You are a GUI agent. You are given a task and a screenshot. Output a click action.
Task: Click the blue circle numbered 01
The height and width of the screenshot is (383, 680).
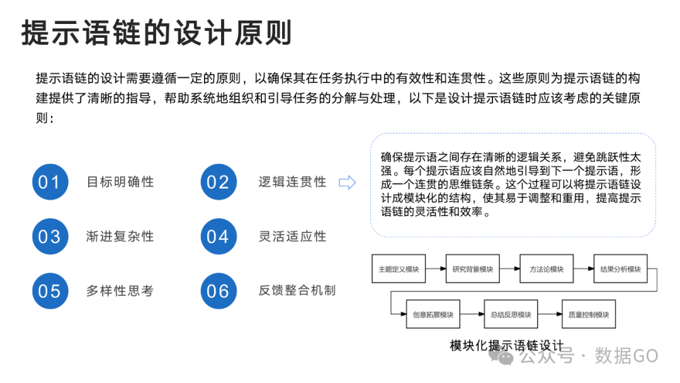50,182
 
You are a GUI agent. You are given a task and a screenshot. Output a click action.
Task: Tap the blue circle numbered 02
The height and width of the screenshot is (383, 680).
218,182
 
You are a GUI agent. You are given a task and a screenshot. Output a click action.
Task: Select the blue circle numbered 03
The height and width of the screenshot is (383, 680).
50,236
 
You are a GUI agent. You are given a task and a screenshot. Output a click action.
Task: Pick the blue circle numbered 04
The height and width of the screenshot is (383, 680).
218,236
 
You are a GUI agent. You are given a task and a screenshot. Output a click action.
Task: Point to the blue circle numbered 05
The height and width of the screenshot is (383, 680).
50,291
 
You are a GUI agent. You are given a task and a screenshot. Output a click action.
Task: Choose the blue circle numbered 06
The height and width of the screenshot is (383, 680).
218,291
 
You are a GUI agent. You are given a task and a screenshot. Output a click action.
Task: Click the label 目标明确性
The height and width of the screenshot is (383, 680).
120,182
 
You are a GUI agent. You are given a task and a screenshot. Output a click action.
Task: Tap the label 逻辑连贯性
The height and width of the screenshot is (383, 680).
292,182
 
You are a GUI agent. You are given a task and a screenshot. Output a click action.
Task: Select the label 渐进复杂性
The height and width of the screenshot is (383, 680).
120,236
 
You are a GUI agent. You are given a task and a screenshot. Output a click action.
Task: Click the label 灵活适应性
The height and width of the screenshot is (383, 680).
292,236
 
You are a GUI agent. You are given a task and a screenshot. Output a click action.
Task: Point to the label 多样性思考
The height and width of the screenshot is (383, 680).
120,291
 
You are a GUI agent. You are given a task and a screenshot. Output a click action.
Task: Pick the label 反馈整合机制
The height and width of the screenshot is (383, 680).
297,290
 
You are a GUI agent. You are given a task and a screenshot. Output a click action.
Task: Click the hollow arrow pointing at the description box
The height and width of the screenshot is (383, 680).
348,183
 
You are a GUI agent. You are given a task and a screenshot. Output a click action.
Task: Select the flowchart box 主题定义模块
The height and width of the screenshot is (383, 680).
399,270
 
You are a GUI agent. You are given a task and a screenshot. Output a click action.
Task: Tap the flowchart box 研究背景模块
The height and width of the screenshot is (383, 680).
473,270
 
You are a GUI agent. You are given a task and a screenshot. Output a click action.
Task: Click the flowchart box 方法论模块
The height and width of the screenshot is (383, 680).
547,270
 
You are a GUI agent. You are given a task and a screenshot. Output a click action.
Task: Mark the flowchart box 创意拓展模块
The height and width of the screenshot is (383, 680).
433,315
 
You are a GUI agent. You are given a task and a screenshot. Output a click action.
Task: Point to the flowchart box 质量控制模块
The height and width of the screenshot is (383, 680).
589,315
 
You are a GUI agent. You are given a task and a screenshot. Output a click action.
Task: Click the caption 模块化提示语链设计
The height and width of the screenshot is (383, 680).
506,346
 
